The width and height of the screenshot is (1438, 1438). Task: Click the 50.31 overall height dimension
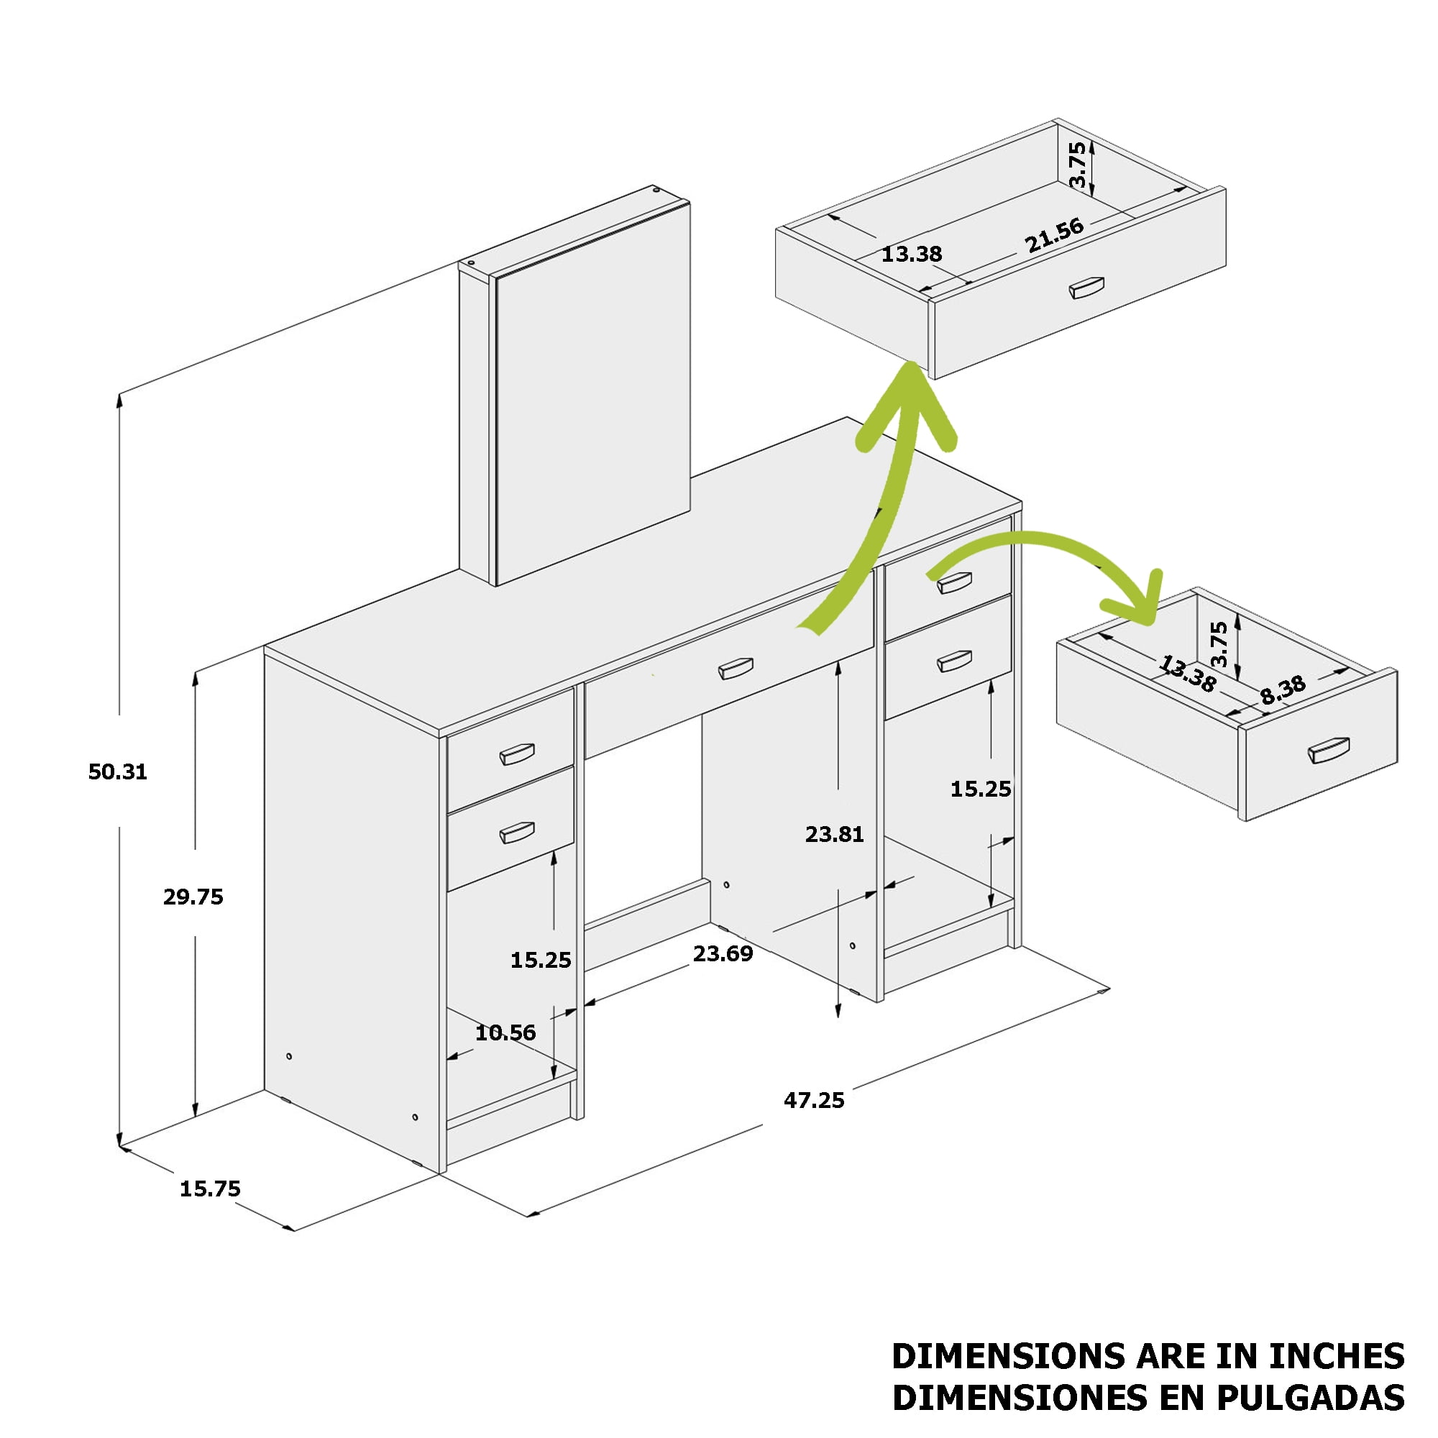click(x=118, y=771)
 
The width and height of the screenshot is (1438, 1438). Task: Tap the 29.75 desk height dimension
click(x=193, y=897)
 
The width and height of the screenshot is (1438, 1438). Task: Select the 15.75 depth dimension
click(x=210, y=1189)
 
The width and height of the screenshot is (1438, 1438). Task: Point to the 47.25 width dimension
click(x=815, y=1100)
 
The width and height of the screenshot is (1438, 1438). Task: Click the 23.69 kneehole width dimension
click(x=723, y=953)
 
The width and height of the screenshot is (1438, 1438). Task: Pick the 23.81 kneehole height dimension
click(x=834, y=834)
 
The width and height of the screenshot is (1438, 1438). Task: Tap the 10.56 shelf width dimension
click(x=505, y=1032)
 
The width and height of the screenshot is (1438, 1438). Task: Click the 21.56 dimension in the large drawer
click(x=1054, y=236)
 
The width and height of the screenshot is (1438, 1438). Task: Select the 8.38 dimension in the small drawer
click(x=1283, y=690)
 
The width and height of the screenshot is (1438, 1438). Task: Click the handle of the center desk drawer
click(x=736, y=669)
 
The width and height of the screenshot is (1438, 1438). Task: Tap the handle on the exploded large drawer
click(x=1086, y=288)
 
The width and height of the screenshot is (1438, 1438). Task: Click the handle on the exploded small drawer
click(x=1329, y=750)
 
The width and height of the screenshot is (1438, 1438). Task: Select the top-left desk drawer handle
click(x=516, y=754)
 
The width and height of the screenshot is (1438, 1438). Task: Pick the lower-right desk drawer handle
click(x=954, y=661)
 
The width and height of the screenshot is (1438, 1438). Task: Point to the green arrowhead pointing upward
click(x=907, y=406)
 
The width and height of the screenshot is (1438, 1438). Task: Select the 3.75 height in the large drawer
click(x=1077, y=165)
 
